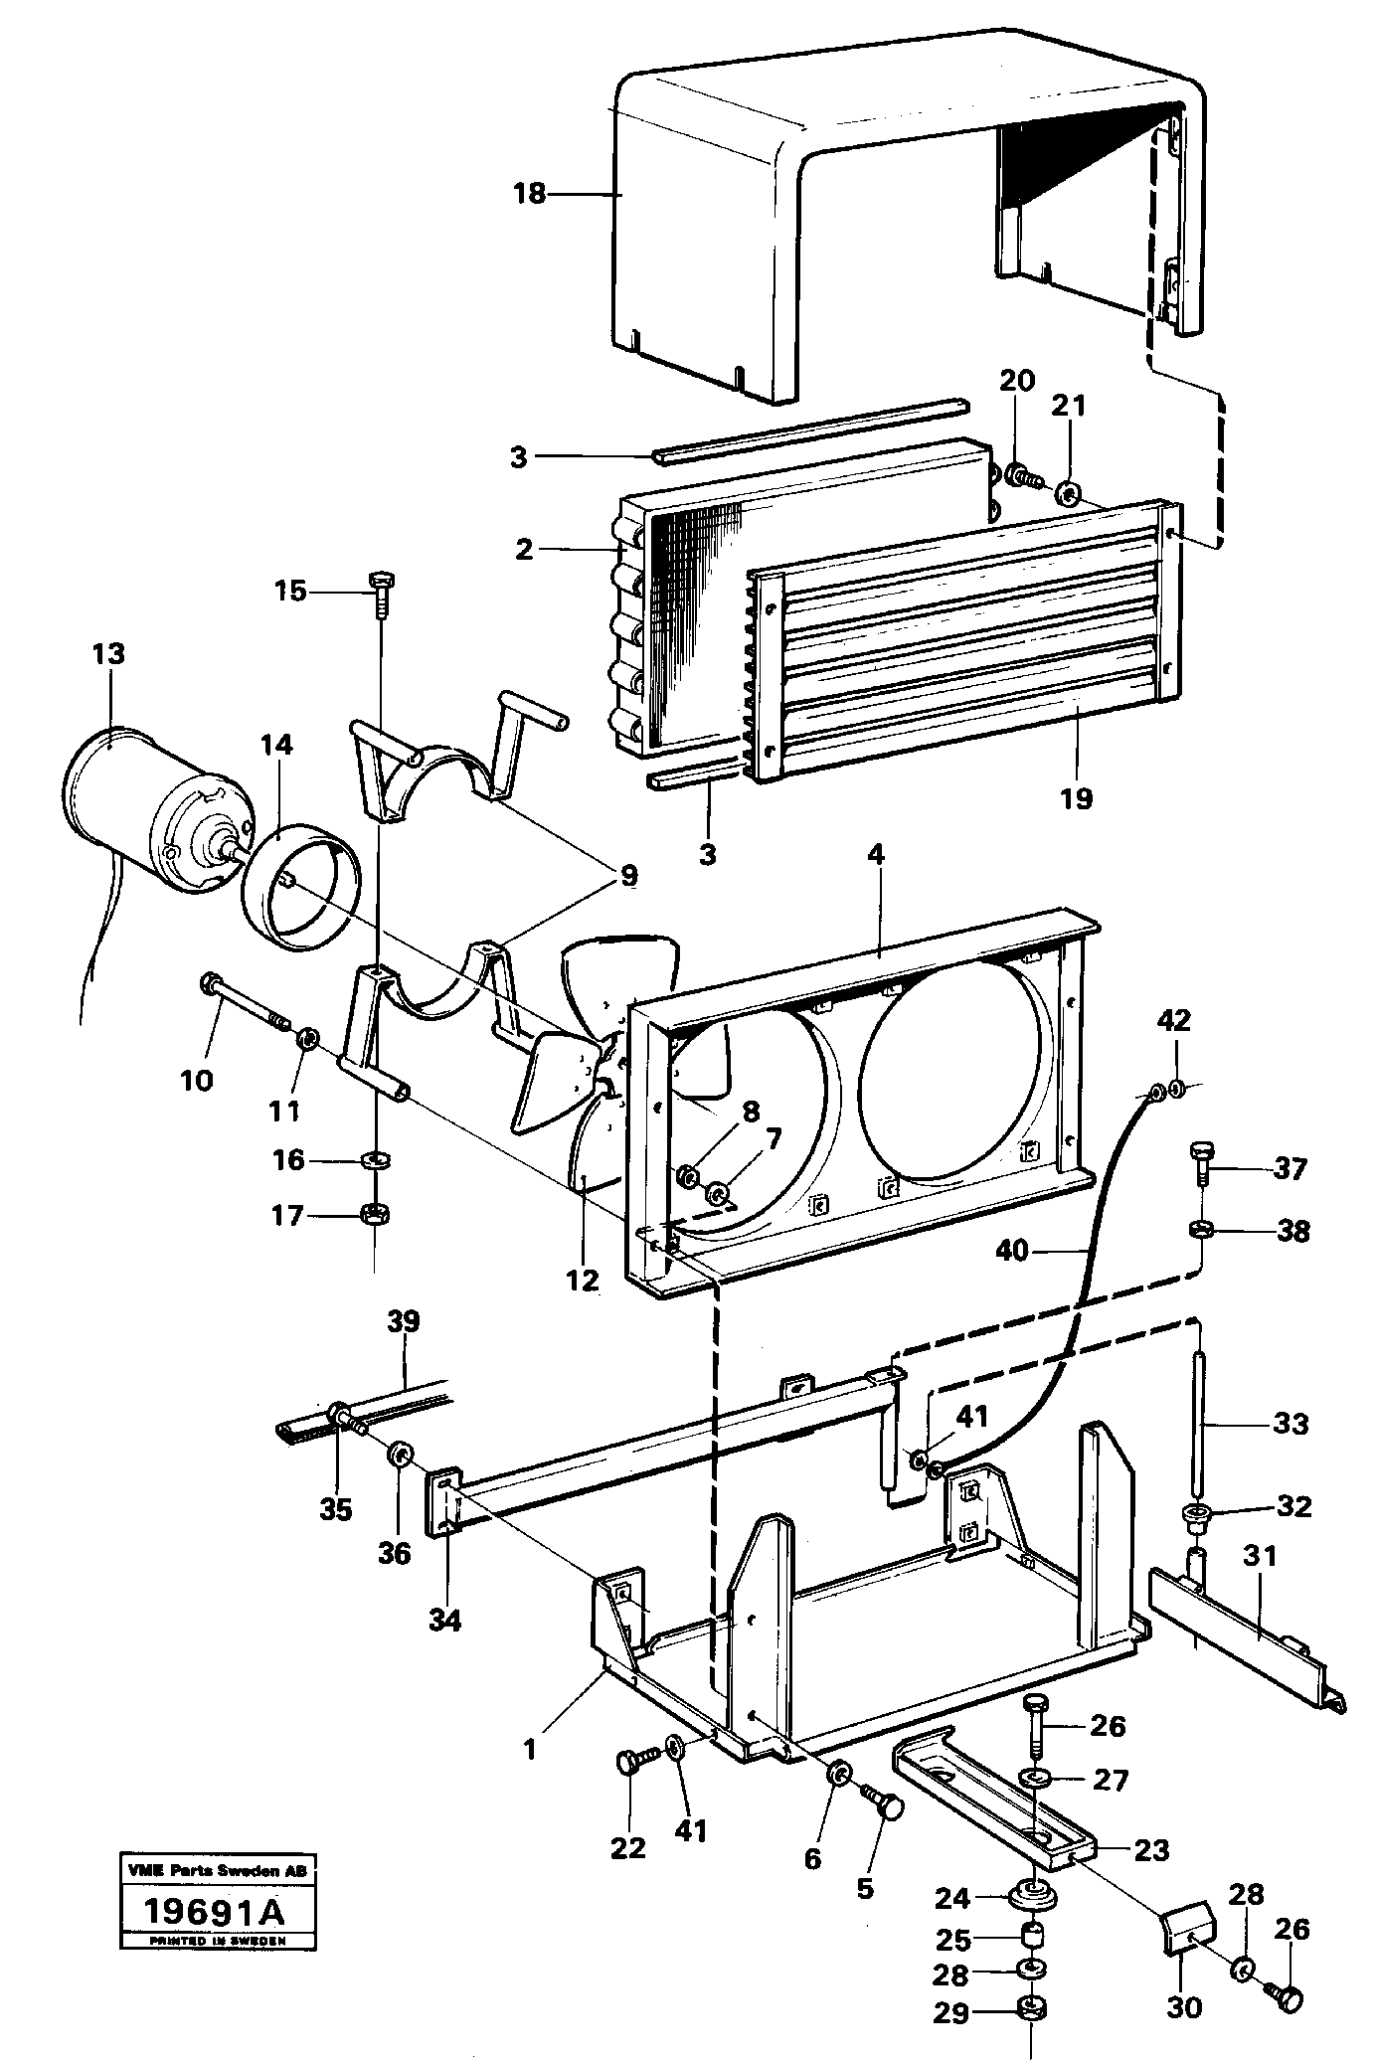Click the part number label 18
529,193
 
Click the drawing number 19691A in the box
215,1910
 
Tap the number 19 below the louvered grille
1076,796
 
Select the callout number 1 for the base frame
530,1748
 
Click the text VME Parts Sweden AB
215,1870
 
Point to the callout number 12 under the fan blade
583,1281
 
